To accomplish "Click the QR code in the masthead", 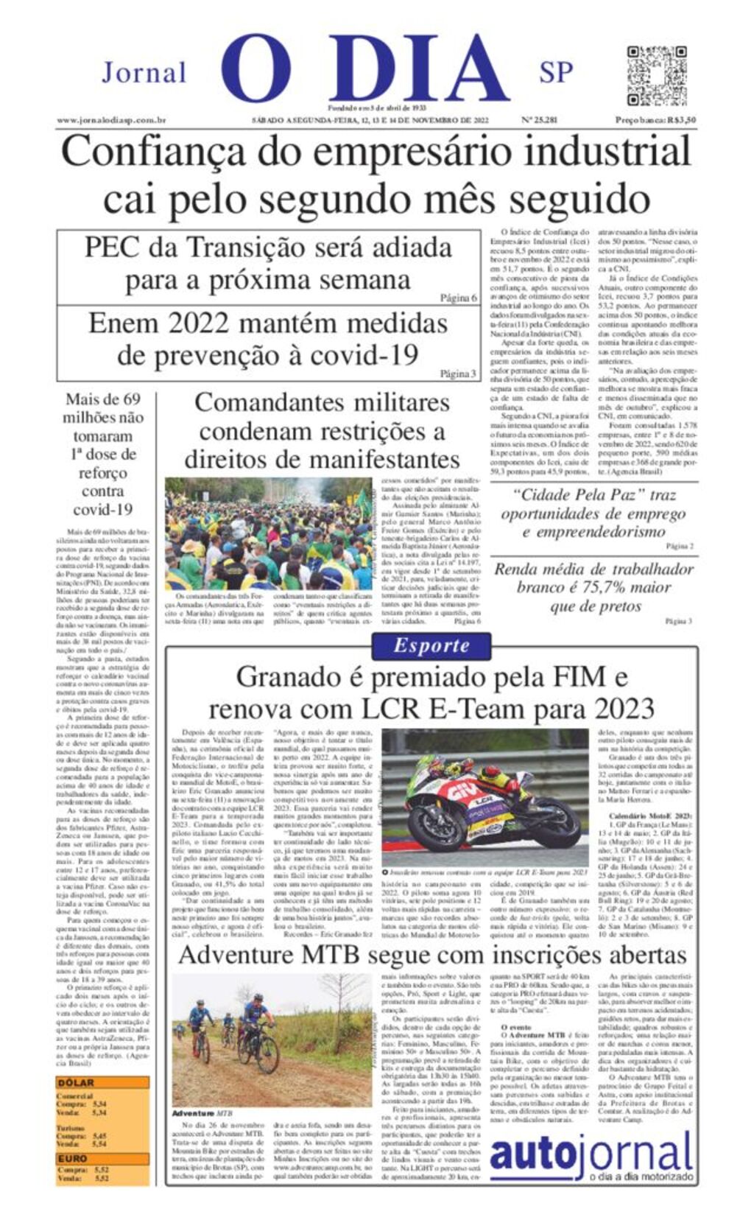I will [656, 76].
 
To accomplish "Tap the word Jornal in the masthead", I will [144, 73].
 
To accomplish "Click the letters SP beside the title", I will [556, 73].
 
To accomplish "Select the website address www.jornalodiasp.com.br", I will [111, 120].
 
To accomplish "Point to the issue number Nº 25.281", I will [539, 120].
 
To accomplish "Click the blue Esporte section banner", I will [431, 646].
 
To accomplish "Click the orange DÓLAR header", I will [77, 1083].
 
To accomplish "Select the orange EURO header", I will [74, 1159].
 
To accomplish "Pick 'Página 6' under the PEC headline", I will [458, 298].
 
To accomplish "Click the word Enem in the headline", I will [124, 323].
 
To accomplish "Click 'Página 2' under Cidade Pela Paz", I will [679, 547].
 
